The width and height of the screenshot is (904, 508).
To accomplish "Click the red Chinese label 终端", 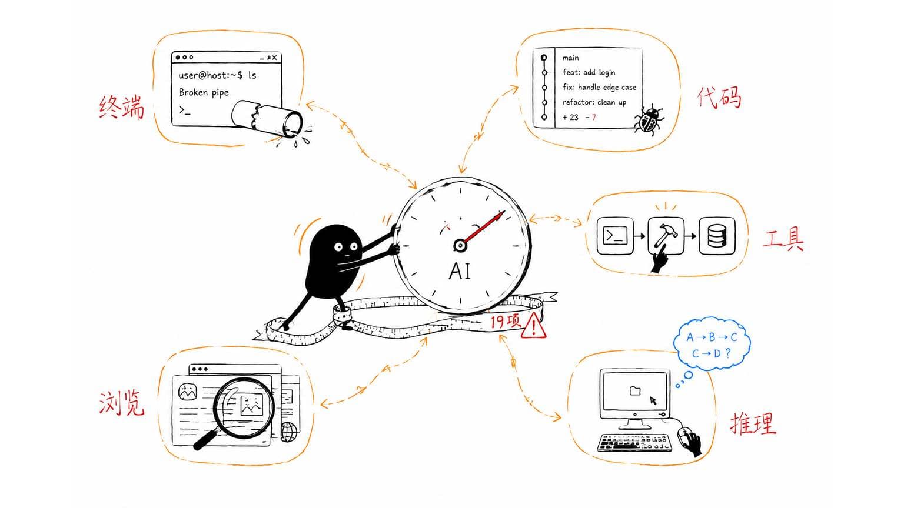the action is [x=121, y=107].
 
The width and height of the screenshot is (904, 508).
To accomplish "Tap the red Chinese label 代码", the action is [x=719, y=97].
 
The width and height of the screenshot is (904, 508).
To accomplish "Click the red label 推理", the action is [x=753, y=423].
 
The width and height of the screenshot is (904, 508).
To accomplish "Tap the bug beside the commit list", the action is [x=649, y=119].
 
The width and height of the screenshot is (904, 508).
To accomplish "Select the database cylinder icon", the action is [x=717, y=236].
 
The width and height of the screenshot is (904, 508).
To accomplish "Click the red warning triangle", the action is [x=533, y=326].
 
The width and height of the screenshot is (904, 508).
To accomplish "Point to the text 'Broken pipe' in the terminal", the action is [x=204, y=92].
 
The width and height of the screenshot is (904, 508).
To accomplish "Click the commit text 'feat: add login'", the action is [x=589, y=72].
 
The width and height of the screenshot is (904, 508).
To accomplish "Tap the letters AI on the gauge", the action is [x=460, y=271].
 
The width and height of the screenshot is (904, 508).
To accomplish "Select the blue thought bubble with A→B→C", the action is [x=712, y=345].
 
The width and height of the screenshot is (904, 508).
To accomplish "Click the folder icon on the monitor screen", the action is [x=635, y=390].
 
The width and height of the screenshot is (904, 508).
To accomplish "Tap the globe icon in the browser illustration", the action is [x=289, y=432].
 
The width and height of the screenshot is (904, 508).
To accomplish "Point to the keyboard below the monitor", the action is [x=634, y=443].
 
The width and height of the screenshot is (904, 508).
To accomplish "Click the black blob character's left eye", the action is [x=338, y=247].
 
